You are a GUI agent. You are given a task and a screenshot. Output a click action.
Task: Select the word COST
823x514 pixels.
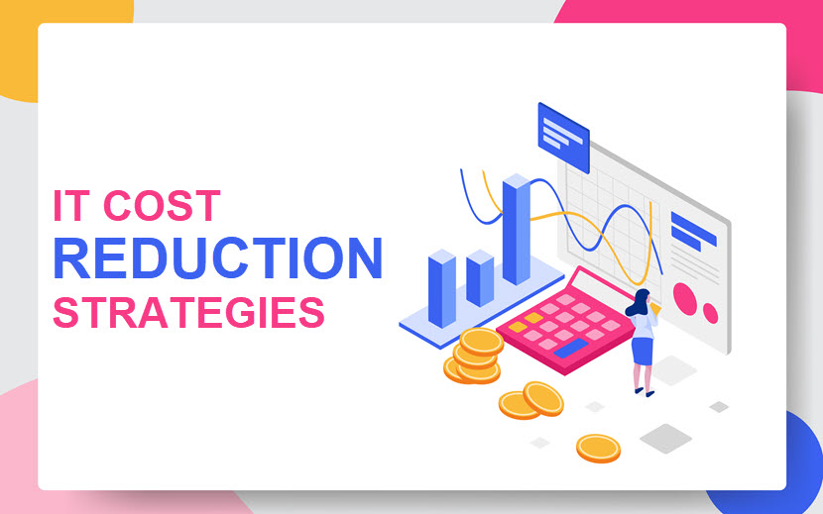click(x=162, y=206)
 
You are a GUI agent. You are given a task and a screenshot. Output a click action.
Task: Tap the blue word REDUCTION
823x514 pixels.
click(x=217, y=258)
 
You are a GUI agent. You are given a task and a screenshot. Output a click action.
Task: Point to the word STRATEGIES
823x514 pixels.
click(x=189, y=313)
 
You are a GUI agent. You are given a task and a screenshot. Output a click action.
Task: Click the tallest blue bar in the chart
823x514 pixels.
click(x=517, y=229)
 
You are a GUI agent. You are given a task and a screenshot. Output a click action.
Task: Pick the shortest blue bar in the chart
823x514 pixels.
click(x=480, y=278)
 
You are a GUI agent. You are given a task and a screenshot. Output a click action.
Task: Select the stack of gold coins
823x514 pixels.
click(x=473, y=357)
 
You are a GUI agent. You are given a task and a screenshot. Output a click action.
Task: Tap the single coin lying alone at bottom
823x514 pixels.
click(x=598, y=449)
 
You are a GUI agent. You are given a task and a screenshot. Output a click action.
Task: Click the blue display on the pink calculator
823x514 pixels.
click(x=571, y=348)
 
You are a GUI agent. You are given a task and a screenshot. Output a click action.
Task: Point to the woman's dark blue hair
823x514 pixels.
click(x=639, y=303)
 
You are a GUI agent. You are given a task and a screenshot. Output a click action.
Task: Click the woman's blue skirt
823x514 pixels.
click(x=642, y=351)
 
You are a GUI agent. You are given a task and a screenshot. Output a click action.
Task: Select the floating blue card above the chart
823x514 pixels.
click(x=564, y=138)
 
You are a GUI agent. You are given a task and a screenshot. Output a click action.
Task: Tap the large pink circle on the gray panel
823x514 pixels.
click(x=685, y=299)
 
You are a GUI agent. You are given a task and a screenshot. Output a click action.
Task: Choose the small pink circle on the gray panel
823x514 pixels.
click(x=710, y=313)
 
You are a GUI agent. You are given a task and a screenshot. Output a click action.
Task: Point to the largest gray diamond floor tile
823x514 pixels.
click(x=665, y=439)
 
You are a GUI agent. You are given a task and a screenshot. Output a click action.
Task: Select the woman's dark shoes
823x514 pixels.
click(x=645, y=392)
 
